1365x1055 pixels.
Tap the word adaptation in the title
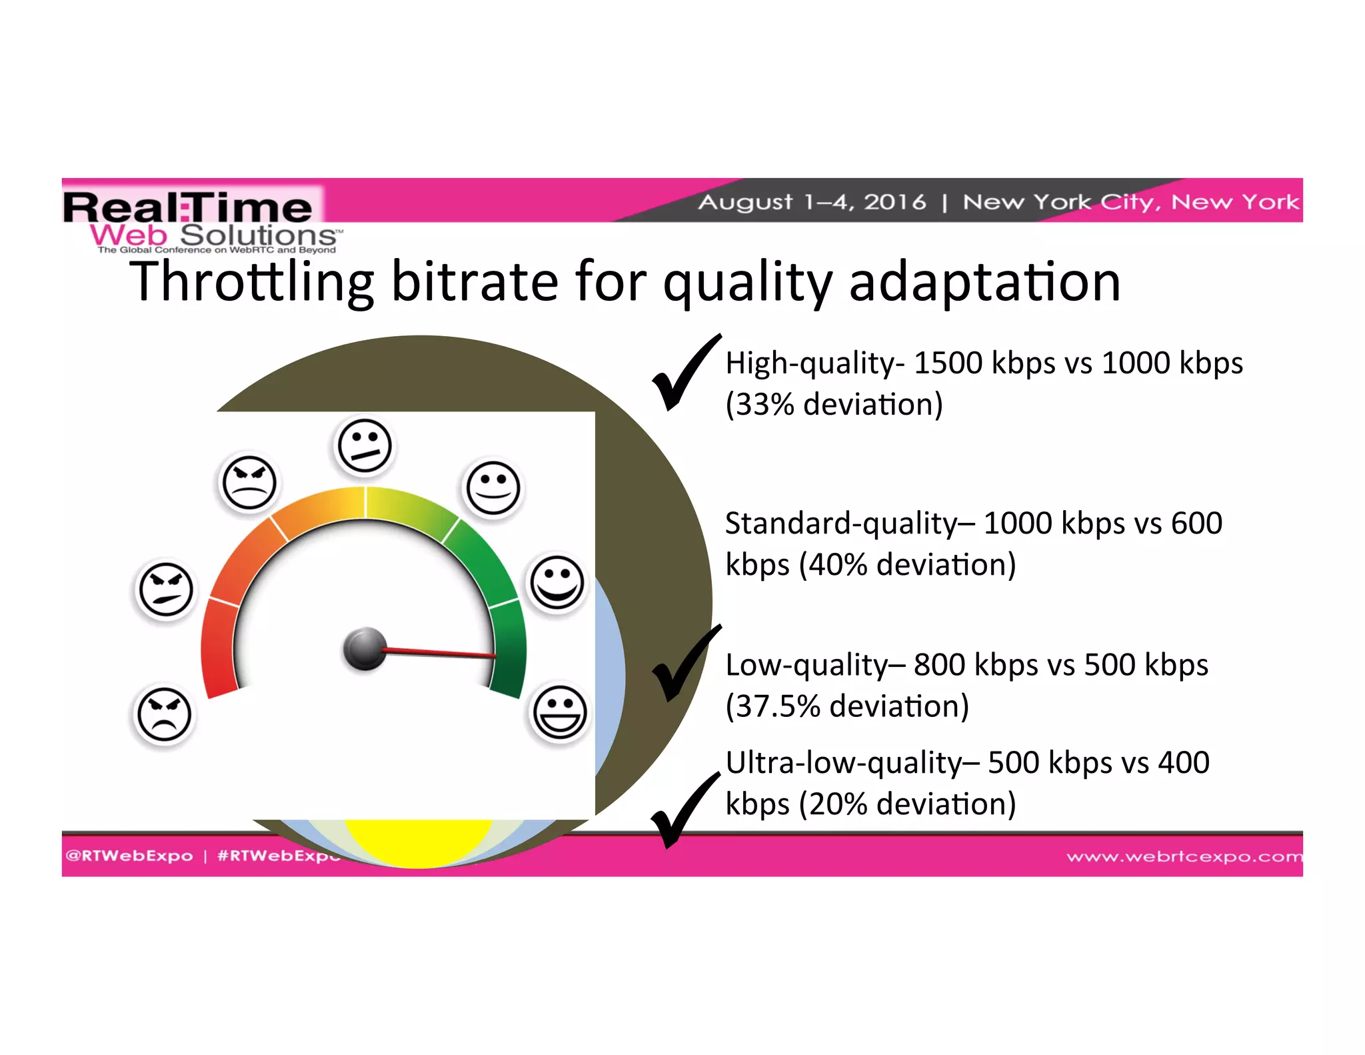[x=984, y=282]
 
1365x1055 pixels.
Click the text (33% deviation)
[x=834, y=405]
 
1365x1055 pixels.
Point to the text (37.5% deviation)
[x=847, y=706]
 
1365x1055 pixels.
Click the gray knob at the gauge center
[x=365, y=648]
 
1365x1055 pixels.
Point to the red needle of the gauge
[x=440, y=653]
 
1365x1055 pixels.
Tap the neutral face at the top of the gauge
[x=364, y=445]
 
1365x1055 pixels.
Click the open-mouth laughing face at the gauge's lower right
[x=560, y=712]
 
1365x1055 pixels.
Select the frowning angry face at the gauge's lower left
[x=164, y=714]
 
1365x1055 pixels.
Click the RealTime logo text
[x=188, y=207]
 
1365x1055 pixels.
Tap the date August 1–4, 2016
[x=812, y=201]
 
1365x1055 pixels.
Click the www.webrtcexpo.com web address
[x=1184, y=856]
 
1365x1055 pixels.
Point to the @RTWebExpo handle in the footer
[x=129, y=856]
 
